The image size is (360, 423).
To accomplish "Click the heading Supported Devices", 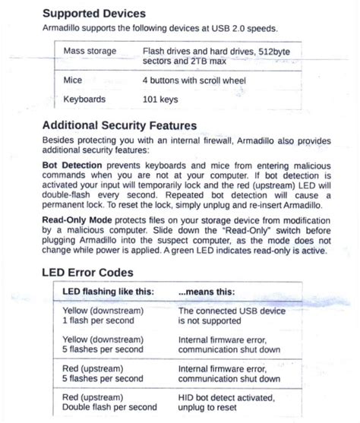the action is click(94, 14).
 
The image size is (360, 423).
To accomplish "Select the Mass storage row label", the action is click(90, 51).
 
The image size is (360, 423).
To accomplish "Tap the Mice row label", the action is click(73, 80).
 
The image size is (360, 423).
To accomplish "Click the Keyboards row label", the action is click(84, 99).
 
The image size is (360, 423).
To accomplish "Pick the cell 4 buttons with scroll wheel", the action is click(190, 80).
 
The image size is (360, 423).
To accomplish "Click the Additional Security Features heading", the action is click(119, 126).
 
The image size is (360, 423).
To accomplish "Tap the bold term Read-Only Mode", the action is click(78, 217).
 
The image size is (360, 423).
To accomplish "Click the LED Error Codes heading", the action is click(88, 271).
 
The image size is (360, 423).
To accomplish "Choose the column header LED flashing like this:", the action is click(103, 292).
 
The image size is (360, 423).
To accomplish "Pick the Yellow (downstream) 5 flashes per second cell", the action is click(103, 345).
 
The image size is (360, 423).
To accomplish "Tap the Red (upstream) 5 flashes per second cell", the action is click(103, 373).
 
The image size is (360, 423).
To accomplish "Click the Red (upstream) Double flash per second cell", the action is click(109, 401).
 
